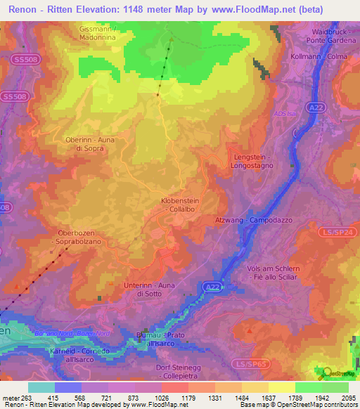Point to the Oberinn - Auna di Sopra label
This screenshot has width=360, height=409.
89,144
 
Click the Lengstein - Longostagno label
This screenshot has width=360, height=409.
250,162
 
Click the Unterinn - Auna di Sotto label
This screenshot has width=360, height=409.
149,289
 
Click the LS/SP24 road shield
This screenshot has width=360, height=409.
347,231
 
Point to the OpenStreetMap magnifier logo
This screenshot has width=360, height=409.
325,372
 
